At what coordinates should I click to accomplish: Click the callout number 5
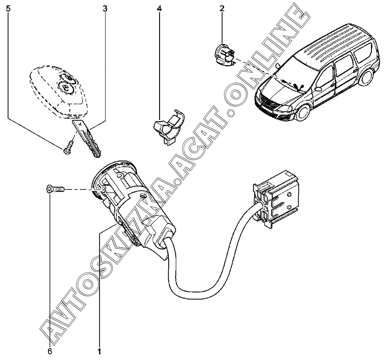[x=8, y=9]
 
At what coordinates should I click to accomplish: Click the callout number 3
[x=105, y=9]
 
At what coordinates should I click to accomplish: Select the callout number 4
[x=159, y=9]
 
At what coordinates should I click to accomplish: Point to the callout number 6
[x=50, y=352]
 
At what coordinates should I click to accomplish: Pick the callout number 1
[x=99, y=352]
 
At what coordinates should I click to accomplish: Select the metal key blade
[x=87, y=139]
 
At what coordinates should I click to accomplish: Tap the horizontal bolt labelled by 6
[x=55, y=189]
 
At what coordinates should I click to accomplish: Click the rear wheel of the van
[x=366, y=77]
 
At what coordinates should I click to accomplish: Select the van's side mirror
[x=318, y=89]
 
